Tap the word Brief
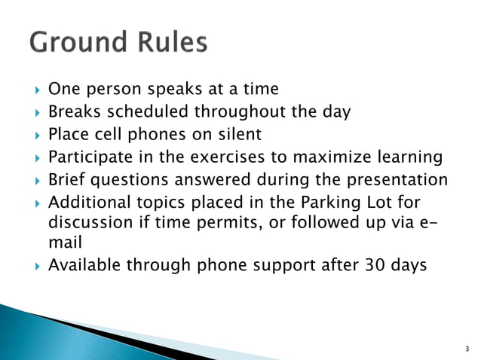click(66, 180)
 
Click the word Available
click(84, 266)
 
